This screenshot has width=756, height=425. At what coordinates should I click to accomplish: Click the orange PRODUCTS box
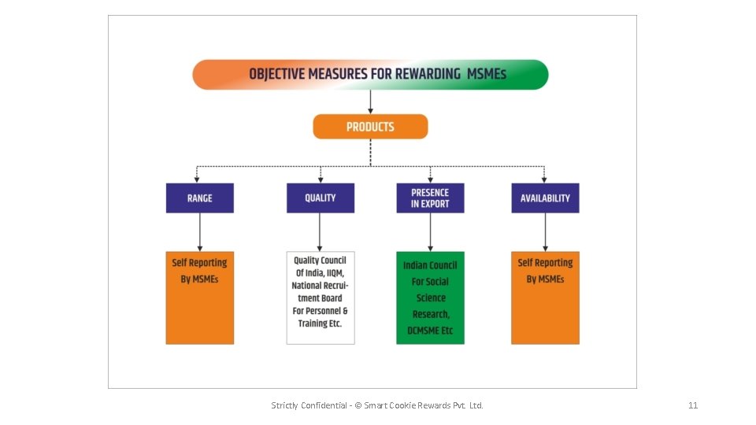click(370, 127)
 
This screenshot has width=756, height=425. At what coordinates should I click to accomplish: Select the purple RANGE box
click(199, 198)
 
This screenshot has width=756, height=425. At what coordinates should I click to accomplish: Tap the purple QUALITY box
click(320, 198)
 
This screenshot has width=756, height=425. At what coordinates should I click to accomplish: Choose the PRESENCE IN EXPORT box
click(430, 198)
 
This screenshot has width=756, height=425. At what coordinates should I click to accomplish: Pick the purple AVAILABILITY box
click(545, 198)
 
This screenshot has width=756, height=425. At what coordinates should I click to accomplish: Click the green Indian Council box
click(430, 297)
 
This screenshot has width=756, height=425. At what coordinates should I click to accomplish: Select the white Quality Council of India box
click(320, 297)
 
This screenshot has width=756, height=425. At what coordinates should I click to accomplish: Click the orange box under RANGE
click(199, 297)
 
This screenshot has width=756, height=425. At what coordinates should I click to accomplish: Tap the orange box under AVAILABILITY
click(545, 297)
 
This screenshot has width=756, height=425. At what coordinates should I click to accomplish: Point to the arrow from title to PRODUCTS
click(370, 102)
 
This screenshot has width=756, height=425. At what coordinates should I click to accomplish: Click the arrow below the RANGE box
click(199, 232)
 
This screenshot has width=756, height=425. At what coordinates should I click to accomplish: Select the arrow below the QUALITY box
click(320, 232)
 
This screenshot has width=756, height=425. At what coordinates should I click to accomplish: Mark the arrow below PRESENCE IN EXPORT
click(430, 232)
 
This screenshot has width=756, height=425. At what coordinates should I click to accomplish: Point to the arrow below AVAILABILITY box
click(545, 232)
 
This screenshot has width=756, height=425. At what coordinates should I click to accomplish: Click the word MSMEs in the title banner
click(487, 75)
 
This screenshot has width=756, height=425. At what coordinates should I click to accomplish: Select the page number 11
click(693, 405)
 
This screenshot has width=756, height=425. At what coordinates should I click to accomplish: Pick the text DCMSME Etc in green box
click(430, 331)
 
